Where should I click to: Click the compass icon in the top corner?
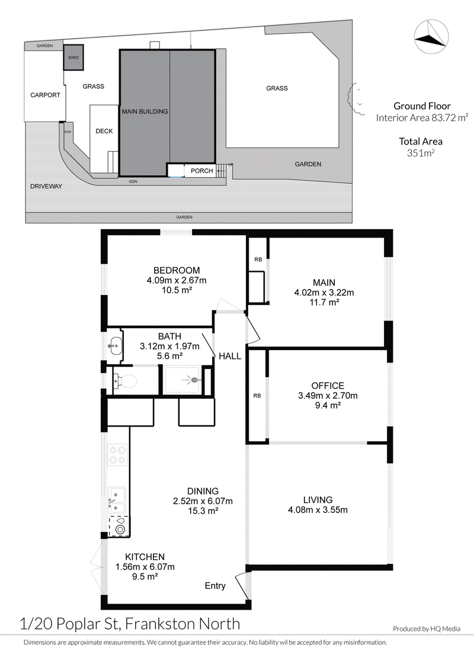(x=431, y=37)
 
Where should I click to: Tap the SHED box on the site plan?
(x=73, y=57)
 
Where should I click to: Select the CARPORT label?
(x=45, y=95)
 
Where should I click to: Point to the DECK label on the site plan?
(x=104, y=131)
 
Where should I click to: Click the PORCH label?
(x=201, y=171)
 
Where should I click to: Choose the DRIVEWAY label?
(x=46, y=186)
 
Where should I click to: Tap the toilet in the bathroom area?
(x=125, y=380)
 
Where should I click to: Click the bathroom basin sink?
(x=116, y=345)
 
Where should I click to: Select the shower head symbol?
(x=193, y=380)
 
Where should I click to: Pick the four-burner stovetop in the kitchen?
(x=117, y=454)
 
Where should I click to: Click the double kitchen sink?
(x=117, y=500)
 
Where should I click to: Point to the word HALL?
(x=230, y=356)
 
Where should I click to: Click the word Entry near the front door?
(x=215, y=586)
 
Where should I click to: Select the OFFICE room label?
(x=328, y=386)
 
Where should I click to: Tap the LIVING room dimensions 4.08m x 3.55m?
(x=318, y=510)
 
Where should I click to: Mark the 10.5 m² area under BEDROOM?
(x=177, y=290)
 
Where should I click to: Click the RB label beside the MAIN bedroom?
(x=258, y=259)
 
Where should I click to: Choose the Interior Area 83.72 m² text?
(x=422, y=117)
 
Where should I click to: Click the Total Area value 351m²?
(x=421, y=153)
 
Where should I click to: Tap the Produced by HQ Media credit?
(x=427, y=629)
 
